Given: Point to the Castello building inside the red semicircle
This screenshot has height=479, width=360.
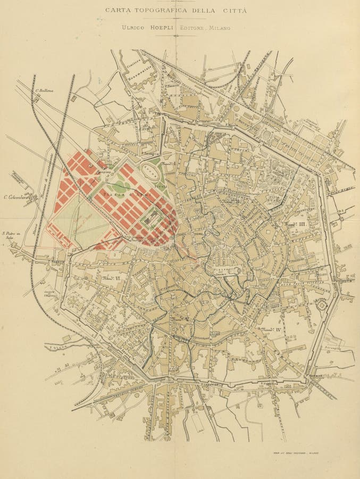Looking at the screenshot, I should coord(153,218).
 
